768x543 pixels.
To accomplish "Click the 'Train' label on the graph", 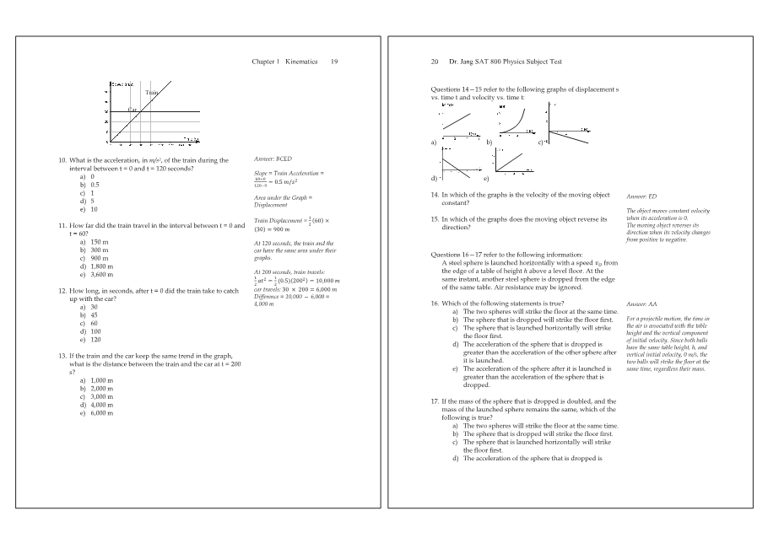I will (152, 92).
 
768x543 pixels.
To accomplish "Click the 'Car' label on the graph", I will (133, 110).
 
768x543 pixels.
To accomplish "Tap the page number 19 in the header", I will (334, 62).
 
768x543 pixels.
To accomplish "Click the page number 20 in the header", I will (435, 62).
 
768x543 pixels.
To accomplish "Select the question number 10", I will (62, 160).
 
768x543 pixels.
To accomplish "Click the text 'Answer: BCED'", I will (273, 159).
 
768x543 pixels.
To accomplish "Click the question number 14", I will (435, 195).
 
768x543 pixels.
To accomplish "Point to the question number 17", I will (435, 401).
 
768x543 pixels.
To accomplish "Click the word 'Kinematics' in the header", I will (301, 62).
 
